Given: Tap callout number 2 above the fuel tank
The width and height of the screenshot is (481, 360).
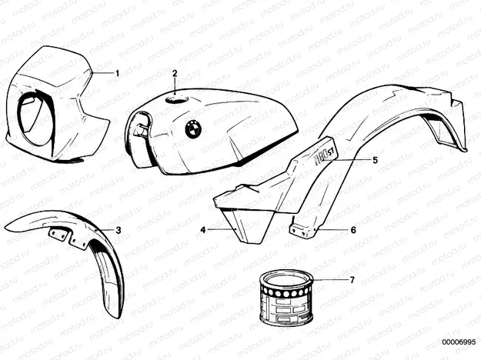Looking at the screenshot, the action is (175, 74).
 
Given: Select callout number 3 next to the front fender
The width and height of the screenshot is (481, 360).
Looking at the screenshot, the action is (118, 230).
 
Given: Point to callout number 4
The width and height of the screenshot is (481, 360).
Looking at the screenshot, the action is (203, 229).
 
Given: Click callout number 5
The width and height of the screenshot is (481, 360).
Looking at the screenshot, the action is (375, 160).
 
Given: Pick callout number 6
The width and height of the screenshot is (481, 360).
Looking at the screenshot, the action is (352, 229).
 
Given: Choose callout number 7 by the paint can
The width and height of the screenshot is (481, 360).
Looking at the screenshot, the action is (352, 280).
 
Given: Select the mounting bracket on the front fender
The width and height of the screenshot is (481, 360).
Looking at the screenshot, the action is (64, 238).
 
